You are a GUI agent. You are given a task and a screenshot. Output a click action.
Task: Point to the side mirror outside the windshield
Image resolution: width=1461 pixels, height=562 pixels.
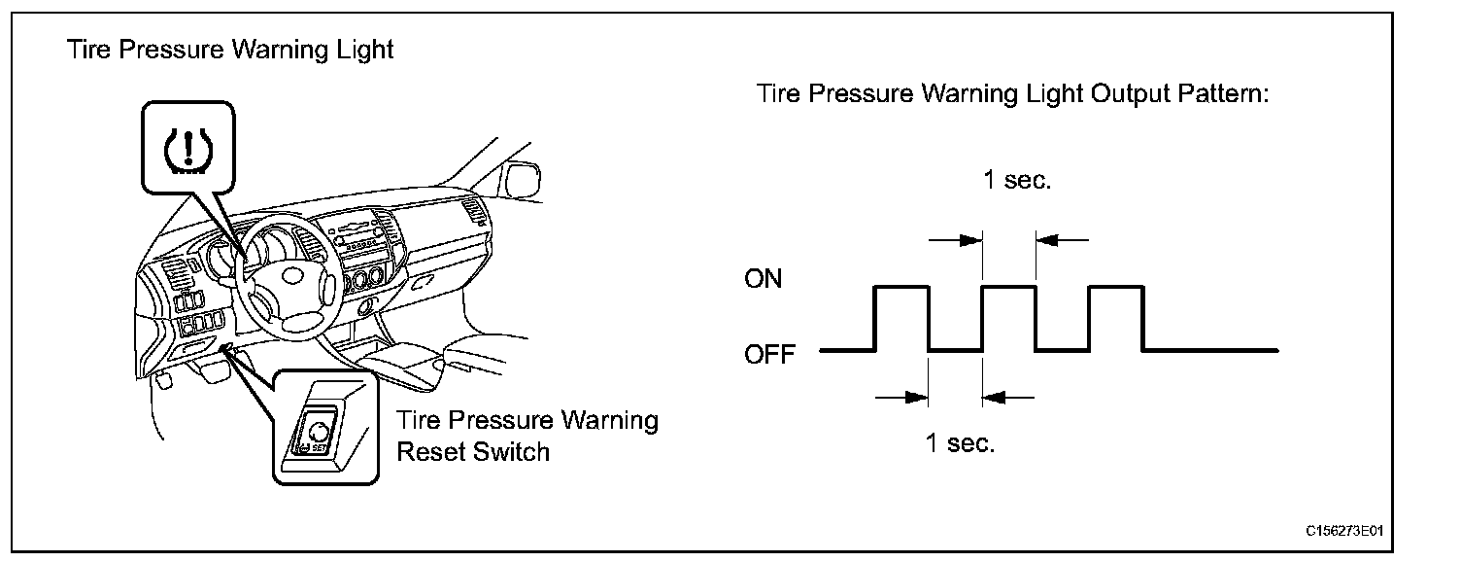[x=521, y=182]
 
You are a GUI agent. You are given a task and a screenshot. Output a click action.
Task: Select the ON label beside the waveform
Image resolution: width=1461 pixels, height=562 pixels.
[x=763, y=280]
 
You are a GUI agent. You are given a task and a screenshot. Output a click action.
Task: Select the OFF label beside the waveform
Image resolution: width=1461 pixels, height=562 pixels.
[x=768, y=353]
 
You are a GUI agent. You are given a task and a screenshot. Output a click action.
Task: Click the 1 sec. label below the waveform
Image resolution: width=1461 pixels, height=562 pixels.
[x=960, y=444]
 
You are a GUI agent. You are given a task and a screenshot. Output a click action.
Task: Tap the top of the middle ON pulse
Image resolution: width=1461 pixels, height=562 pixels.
[x=1010, y=287]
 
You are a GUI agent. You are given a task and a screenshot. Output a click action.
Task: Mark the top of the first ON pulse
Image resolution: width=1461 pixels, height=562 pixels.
[x=902, y=287]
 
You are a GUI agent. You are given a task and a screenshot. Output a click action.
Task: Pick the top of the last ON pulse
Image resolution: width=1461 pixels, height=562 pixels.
[x=1117, y=287]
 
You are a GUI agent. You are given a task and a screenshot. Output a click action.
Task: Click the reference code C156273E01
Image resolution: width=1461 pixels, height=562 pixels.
[x=1344, y=532]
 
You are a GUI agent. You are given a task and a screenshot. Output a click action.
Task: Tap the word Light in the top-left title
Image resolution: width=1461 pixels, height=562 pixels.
[x=362, y=50]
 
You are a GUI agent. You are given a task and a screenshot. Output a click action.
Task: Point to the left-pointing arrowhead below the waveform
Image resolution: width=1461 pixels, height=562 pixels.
[x=995, y=396]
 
